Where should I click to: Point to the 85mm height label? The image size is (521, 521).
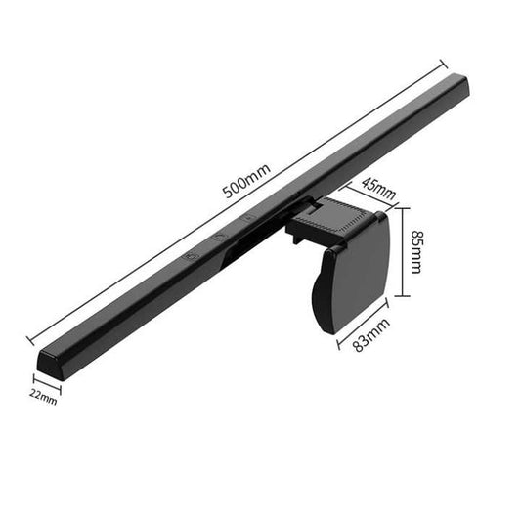(x=417, y=251)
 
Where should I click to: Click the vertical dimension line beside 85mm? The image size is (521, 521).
(x=401, y=251)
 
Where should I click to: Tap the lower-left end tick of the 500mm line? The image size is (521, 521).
(x=30, y=340)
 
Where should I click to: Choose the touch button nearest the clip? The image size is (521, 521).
(x=248, y=219)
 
